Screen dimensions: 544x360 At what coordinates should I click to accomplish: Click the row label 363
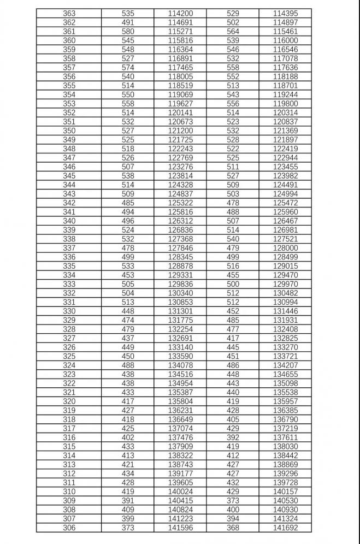[69, 13]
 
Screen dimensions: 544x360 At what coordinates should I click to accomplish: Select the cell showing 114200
[180, 13]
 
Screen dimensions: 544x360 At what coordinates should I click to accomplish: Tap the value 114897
[285, 22]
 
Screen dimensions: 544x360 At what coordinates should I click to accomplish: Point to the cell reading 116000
[285, 40]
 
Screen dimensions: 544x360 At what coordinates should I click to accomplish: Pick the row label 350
[69, 131]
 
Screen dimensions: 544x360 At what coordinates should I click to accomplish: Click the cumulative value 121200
[180, 131]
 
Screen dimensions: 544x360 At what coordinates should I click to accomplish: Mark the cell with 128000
[285, 248]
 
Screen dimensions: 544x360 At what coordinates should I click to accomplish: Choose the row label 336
[69, 257]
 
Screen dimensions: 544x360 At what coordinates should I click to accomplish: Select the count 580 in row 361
[128, 31]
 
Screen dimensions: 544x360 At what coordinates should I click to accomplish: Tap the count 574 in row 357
[128, 67]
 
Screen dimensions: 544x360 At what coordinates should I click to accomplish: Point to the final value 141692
[285, 528]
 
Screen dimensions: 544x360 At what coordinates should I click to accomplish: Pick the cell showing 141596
[180, 528]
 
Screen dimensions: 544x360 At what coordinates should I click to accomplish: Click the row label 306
[69, 528]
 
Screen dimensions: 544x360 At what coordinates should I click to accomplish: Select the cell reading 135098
[285, 383]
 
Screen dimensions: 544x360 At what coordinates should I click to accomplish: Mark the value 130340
[180, 293]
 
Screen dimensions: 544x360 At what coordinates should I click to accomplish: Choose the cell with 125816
[180, 212]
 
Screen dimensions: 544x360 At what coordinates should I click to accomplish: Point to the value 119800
[285, 103]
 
